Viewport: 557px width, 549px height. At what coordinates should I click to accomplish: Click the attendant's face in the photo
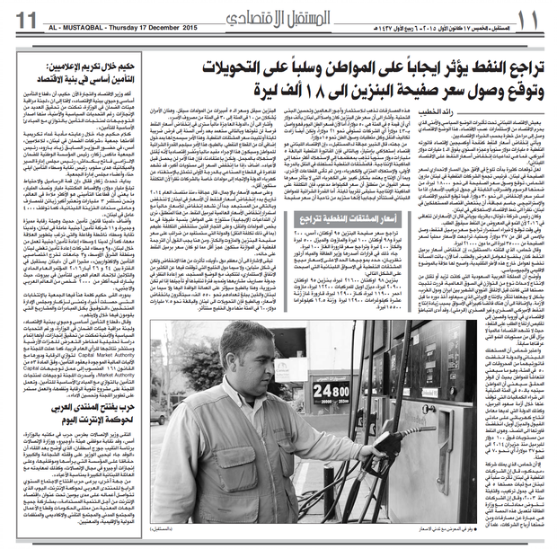[248, 359]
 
